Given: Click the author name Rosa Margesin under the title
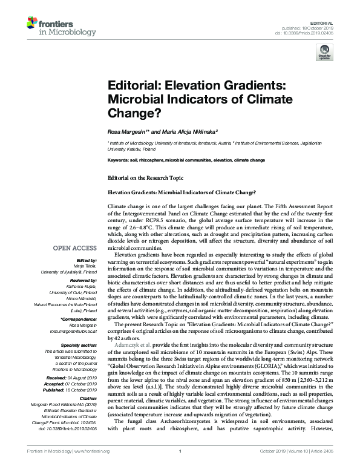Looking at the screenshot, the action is click(128, 131).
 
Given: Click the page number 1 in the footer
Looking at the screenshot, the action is click(180, 467).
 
